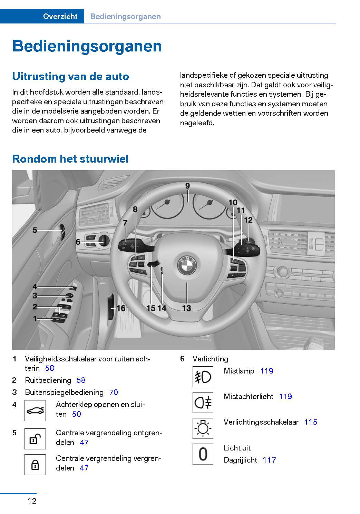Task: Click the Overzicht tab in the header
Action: (60, 16)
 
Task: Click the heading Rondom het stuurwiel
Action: (70, 159)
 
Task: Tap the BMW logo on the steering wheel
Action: (187, 265)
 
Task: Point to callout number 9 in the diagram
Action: (187, 186)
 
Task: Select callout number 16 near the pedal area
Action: (121, 308)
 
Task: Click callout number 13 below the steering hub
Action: (186, 308)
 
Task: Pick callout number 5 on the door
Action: (35, 230)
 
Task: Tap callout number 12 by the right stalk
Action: (248, 220)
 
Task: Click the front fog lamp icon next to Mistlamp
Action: (203, 377)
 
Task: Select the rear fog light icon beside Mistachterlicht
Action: (203, 402)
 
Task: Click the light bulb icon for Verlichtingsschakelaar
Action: (203, 428)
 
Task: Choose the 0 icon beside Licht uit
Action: (203, 454)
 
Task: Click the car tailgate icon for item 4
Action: (35, 410)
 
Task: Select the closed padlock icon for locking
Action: (35, 464)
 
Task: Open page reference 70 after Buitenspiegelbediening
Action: (114, 392)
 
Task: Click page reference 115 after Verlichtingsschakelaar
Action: (311, 422)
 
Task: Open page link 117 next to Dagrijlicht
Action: (269, 460)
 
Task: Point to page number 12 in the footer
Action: (32, 501)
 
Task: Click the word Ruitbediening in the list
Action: (48, 380)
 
